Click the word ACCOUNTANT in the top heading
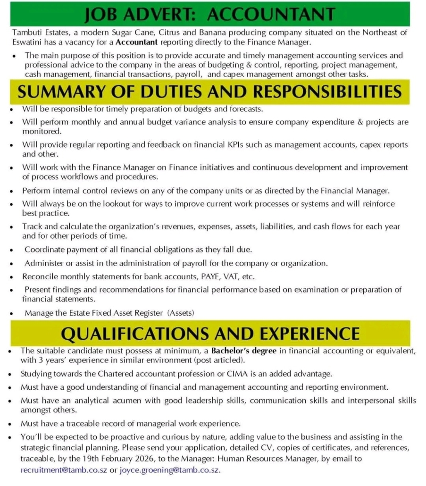click(271, 15)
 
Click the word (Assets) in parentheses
click(181, 312)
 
